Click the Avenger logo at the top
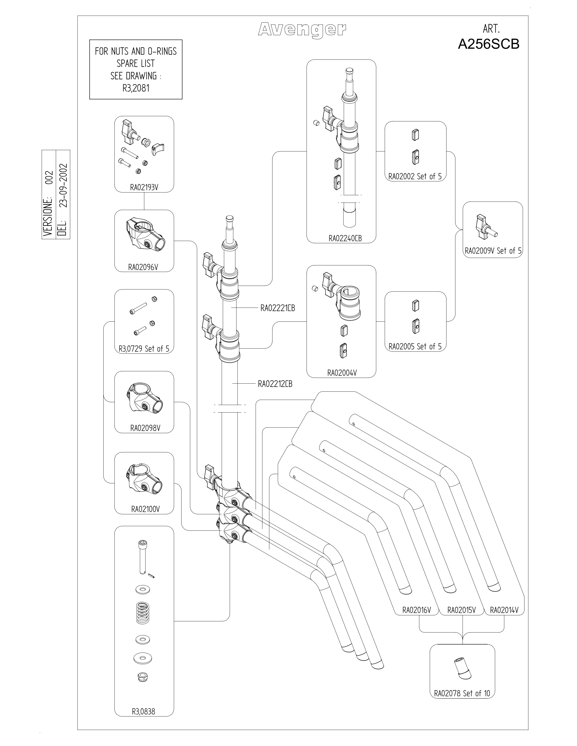click(x=302, y=30)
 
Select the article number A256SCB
click(x=488, y=44)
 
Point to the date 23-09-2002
click(x=63, y=186)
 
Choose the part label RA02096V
click(x=143, y=267)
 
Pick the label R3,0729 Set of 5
click(x=144, y=348)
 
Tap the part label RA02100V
click(x=146, y=509)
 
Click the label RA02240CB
click(x=345, y=238)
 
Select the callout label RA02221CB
click(x=278, y=308)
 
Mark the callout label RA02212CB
click(x=275, y=384)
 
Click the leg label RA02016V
click(x=417, y=610)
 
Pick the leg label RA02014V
click(x=504, y=610)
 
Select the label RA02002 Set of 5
click(x=415, y=176)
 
